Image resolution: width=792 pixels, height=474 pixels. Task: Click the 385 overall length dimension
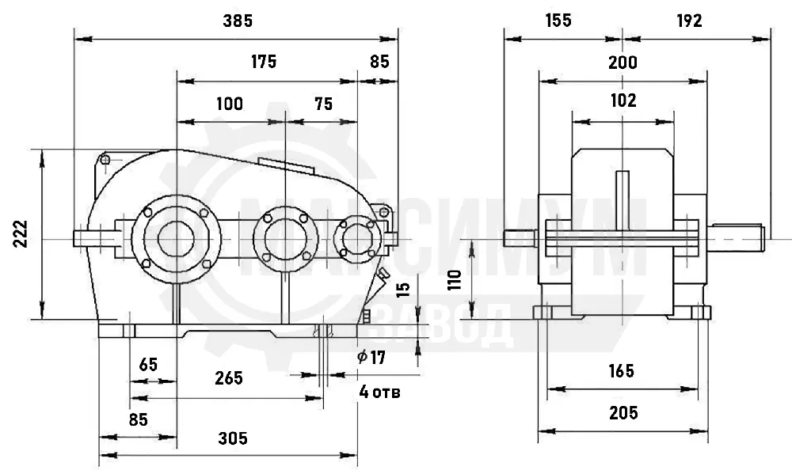(238, 21)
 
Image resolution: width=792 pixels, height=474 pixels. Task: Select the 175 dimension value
(264, 62)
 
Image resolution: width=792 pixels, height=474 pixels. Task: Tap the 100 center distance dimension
(230, 104)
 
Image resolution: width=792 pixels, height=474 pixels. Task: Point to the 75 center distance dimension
(324, 104)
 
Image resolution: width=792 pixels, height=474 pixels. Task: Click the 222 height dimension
(21, 233)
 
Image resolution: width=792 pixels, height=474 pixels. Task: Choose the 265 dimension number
(229, 378)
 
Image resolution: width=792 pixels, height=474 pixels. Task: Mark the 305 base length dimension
(233, 438)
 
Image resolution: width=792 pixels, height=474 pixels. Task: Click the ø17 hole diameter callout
(371, 358)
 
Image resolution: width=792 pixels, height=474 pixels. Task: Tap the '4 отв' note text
(380, 392)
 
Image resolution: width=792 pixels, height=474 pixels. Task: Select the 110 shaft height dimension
(455, 279)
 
